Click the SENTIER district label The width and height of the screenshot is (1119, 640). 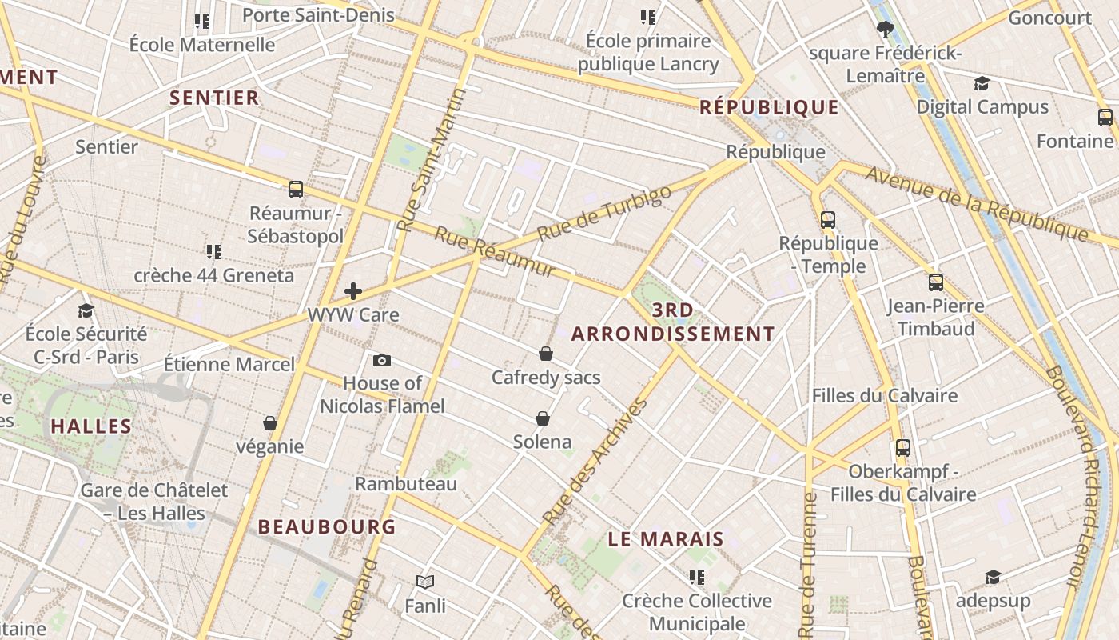[214, 98]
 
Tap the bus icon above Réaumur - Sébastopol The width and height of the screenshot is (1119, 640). [296, 190]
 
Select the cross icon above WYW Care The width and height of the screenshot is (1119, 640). [352, 291]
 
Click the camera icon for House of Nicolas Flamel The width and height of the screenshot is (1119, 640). [382, 360]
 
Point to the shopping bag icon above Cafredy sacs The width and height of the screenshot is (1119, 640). [546, 354]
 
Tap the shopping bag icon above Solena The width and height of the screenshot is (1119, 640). [543, 418]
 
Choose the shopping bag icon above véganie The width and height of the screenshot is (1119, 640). [270, 423]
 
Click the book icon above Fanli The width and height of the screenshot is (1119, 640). [425, 582]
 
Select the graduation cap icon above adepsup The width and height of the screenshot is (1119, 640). [993, 578]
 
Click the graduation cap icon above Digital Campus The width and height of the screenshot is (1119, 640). [982, 84]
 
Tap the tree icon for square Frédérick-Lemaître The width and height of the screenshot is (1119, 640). [885, 30]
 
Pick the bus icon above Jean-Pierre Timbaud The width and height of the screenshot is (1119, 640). [936, 282]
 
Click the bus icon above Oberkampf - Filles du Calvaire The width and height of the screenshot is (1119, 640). [903, 448]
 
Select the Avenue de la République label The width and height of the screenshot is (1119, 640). [976, 203]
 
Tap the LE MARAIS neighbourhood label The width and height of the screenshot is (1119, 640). [666, 539]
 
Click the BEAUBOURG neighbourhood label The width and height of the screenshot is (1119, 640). [327, 526]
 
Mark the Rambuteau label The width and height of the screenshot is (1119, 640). [406, 484]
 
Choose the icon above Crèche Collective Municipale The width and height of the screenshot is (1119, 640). [697, 578]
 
